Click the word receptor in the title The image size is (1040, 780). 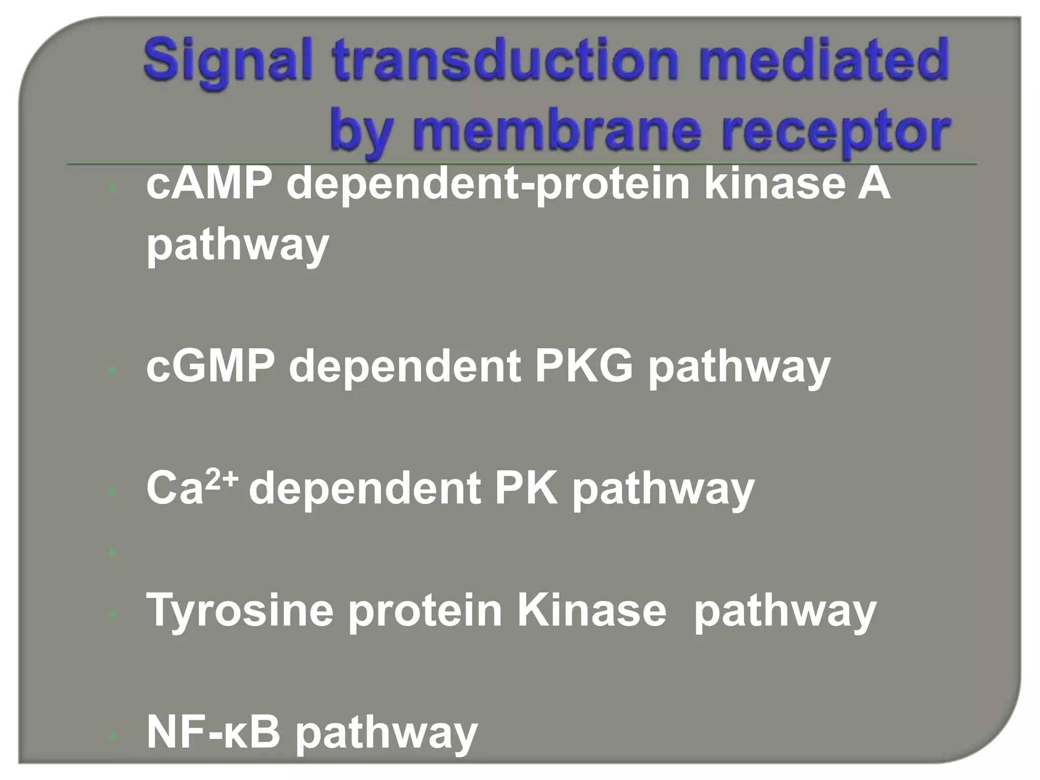tap(848, 131)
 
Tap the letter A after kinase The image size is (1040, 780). tap(876, 184)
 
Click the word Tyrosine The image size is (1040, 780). tap(240, 611)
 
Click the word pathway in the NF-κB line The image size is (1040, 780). tap(386, 734)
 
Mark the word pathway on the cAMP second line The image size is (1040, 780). tap(238, 246)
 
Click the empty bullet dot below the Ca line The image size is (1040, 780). tap(113, 553)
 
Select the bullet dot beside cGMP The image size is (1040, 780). tap(113, 370)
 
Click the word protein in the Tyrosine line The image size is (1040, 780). tap(425, 611)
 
